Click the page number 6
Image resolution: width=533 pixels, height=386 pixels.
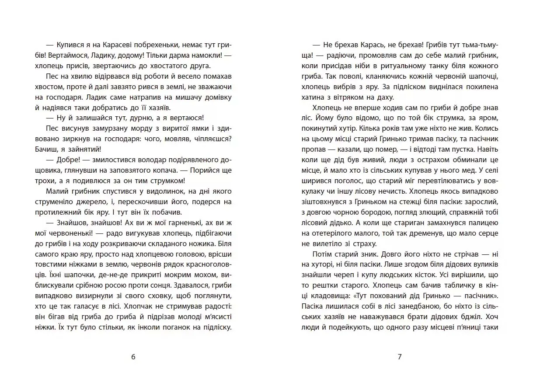click(x=133, y=356)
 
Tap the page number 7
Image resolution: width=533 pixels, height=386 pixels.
click(x=399, y=356)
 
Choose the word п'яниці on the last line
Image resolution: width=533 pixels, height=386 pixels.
click(x=470, y=327)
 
